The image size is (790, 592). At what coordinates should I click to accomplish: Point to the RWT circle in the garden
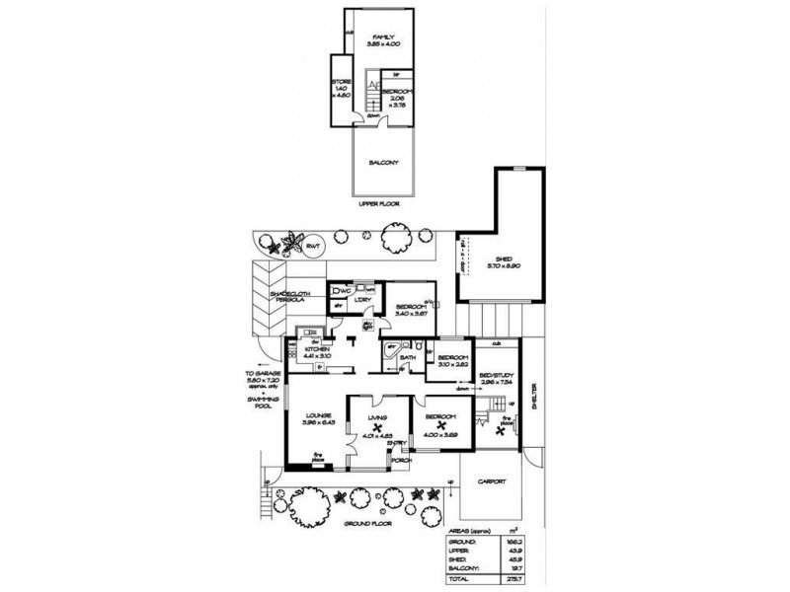[x=313, y=245]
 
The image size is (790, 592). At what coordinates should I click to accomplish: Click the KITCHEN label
[x=319, y=350]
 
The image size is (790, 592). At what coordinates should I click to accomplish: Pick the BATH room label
[x=407, y=357]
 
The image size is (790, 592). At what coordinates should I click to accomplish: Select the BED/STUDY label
[x=496, y=377]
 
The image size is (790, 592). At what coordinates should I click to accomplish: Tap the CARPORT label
[x=491, y=481]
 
